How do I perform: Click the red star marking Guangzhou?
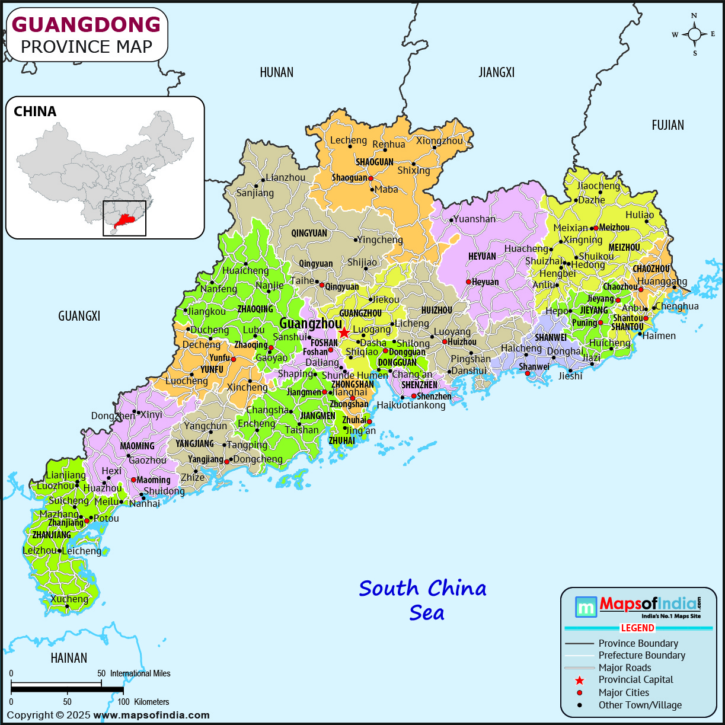(344, 333)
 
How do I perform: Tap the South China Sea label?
(423, 600)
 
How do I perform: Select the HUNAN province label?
(276, 72)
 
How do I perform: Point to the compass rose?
(695, 34)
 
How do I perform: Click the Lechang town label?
(349, 140)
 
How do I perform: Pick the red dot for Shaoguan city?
(371, 178)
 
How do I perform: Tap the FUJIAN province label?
(667, 125)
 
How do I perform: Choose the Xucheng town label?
(69, 599)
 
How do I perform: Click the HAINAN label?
(69, 658)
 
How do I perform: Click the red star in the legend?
(579, 681)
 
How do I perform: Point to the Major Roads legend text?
(624, 667)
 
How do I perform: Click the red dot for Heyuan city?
(468, 282)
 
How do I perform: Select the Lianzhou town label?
(286, 177)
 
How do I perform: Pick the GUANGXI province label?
(79, 316)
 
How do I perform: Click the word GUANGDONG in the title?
(87, 24)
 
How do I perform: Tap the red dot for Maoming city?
(133, 480)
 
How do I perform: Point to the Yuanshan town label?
(474, 219)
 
